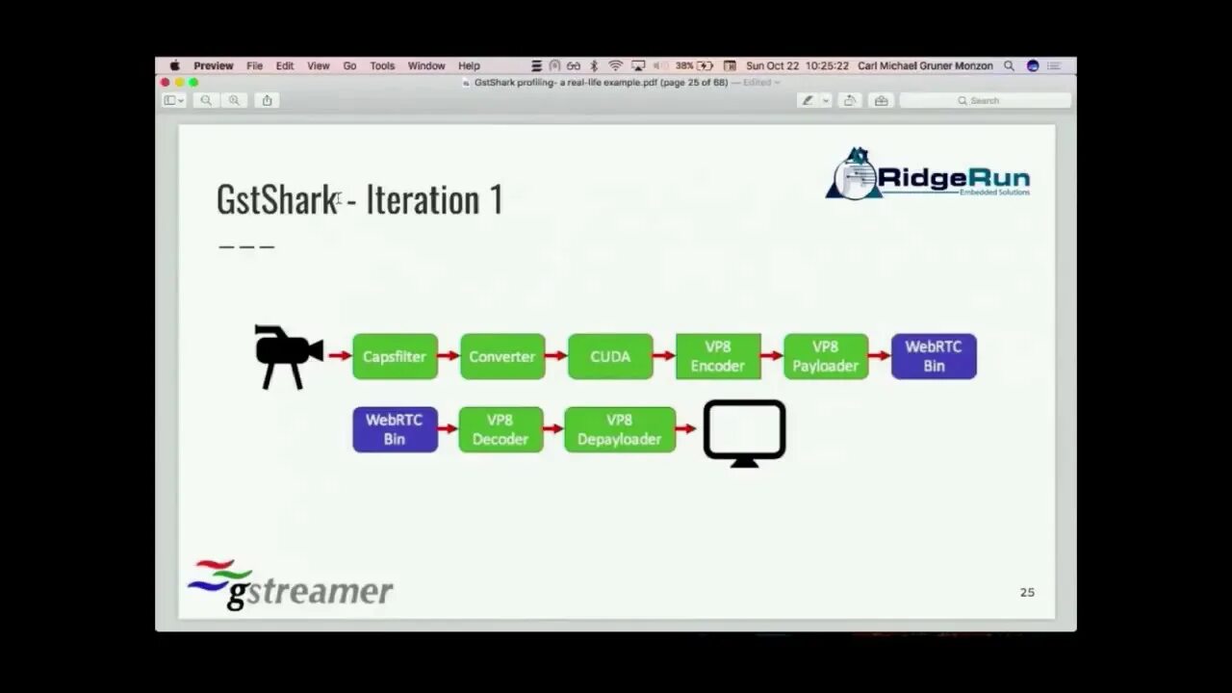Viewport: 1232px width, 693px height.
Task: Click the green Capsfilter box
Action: [x=395, y=356]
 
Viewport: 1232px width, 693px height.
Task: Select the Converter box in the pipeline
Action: [x=502, y=356]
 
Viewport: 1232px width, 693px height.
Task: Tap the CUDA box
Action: [x=610, y=356]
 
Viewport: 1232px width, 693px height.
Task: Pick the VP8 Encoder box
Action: [x=718, y=356]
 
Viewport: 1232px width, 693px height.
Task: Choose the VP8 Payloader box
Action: [x=826, y=356]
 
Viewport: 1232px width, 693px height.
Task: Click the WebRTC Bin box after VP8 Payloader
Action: [x=934, y=356]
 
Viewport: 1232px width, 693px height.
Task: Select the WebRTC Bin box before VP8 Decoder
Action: [x=395, y=429]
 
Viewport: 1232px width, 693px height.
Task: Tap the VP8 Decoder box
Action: [x=500, y=429]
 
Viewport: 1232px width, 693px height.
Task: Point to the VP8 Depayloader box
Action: [x=620, y=429]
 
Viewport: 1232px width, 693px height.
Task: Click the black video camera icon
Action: [x=287, y=356]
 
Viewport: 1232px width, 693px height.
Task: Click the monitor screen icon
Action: [x=744, y=432]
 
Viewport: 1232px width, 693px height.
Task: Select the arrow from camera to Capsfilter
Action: [x=339, y=356]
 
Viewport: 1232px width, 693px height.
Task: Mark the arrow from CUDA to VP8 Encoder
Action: [x=664, y=356]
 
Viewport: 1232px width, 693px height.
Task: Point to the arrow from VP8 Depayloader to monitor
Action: [x=686, y=429]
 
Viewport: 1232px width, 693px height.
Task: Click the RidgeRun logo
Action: [x=928, y=175]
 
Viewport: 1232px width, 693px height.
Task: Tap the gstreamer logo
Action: [x=290, y=584]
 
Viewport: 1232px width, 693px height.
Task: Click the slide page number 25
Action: [x=1027, y=592]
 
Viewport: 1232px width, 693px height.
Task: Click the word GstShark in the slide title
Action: [x=276, y=199]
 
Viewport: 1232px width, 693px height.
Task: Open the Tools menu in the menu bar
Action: [x=382, y=66]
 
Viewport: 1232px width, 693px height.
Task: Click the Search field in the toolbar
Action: [x=985, y=100]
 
